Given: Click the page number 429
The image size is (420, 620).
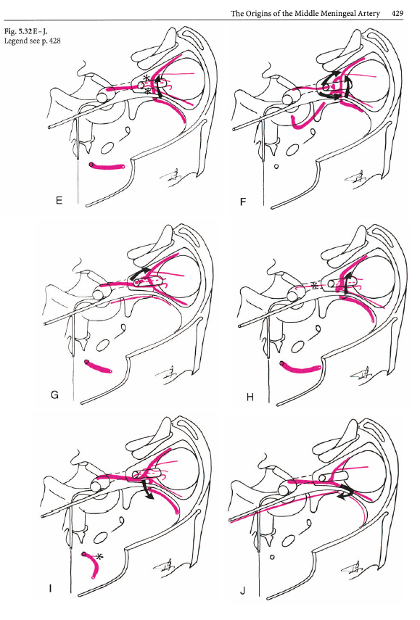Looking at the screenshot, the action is point(398,14).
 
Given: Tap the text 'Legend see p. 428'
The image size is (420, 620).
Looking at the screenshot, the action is point(32,41).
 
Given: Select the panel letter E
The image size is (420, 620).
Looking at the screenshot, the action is point(59,200).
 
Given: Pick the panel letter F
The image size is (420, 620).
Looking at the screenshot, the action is point(243,202).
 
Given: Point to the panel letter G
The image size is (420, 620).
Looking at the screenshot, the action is point(54,394).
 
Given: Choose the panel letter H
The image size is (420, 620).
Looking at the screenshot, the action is point(250,397).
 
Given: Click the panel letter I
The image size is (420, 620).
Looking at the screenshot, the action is point(50,589).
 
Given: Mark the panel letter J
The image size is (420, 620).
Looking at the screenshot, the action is point(242,591).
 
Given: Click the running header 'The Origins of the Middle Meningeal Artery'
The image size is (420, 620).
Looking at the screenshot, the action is point(305,14).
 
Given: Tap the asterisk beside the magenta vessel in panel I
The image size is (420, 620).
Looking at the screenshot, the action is point(99,557).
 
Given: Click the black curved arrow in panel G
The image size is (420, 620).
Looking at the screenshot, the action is point(139,273).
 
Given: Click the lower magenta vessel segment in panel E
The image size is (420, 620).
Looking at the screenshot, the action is point(107,167).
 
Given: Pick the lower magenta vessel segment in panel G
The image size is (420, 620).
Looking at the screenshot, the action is point(98,366).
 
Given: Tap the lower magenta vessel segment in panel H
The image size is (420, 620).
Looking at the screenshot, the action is point(299,368).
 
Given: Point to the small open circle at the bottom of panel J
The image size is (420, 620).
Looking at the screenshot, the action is point(272,557).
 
